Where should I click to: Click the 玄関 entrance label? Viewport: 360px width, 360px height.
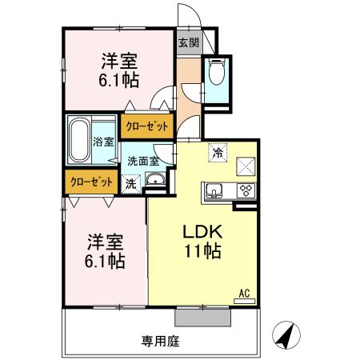(x=189, y=42)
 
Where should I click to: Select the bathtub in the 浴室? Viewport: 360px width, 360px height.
(x=80, y=138)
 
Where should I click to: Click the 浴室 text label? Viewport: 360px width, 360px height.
(x=104, y=142)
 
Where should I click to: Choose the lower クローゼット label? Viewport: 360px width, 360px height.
(x=90, y=182)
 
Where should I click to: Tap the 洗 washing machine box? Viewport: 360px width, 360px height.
(x=130, y=182)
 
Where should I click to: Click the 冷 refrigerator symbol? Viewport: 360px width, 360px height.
(x=218, y=150)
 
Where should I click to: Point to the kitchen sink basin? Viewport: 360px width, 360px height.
(x=214, y=190)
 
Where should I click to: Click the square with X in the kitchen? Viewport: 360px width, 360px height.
(x=246, y=166)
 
